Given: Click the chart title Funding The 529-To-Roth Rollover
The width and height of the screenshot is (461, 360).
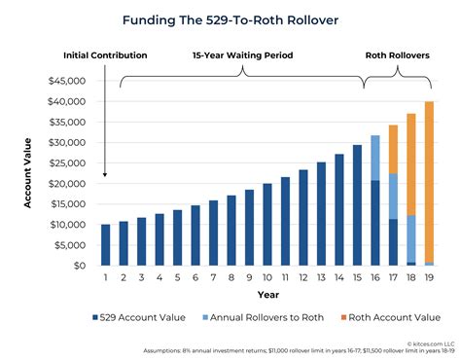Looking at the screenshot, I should click(x=230, y=18).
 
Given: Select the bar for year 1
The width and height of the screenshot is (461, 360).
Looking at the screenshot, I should click(x=105, y=245).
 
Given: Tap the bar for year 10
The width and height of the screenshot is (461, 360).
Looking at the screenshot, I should click(x=267, y=225).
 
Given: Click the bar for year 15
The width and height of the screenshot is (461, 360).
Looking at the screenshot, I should click(x=357, y=205).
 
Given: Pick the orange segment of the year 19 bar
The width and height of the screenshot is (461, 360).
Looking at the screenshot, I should click(x=429, y=181).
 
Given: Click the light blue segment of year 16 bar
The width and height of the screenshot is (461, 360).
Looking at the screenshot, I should click(x=375, y=158).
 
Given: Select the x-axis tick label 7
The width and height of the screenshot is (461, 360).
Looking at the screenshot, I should click(x=213, y=277).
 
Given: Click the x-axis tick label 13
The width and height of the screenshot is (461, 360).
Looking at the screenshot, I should click(x=321, y=277).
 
